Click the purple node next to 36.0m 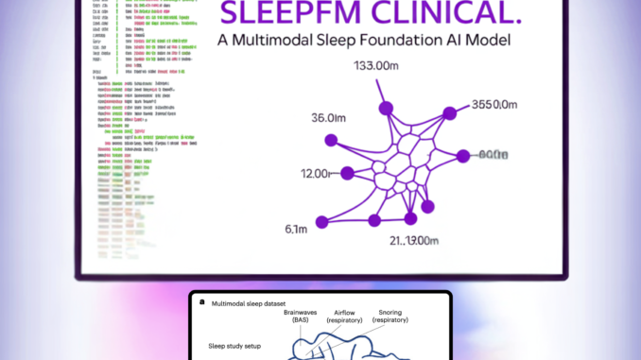tap(331, 140)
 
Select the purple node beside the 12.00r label tap(347, 173)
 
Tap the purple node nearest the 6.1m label tap(321, 222)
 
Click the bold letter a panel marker tap(200, 301)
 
